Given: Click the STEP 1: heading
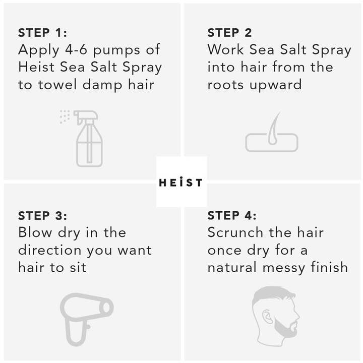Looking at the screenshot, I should click(42, 33).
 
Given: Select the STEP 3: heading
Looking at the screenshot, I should click(42, 216).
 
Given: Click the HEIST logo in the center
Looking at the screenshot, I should click(181, 182).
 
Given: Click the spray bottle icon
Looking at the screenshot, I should click(88, 139).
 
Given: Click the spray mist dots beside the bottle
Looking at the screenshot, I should click(65, 116).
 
